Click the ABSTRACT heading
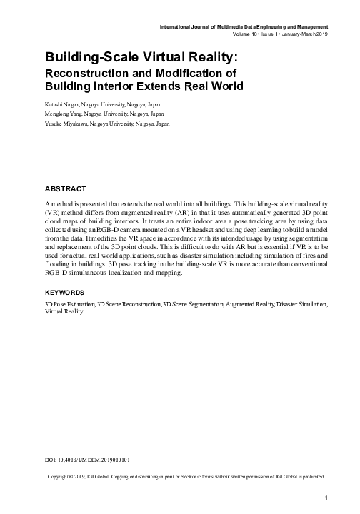point(65,189)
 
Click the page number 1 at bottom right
point(326,497)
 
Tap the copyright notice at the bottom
point(185,475)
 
